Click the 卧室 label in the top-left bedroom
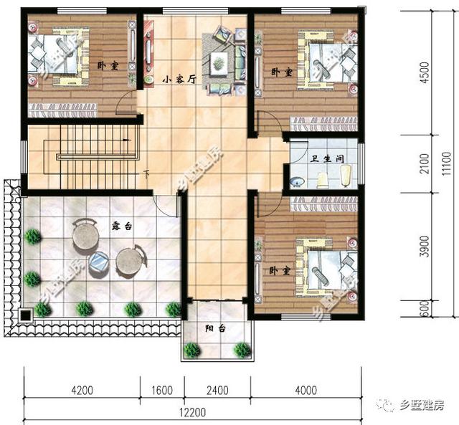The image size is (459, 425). [108, 66]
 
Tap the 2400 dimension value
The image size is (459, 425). [217, 391]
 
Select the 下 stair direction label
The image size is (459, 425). [146, 173]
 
